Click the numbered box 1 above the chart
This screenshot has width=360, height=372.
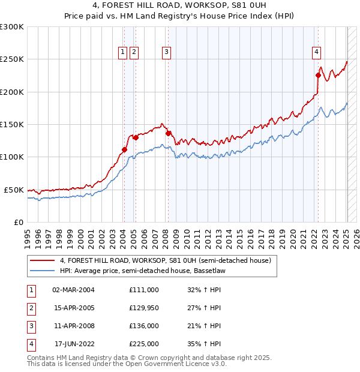(x=123, y=52)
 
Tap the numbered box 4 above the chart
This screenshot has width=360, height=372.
(x=316, y=52)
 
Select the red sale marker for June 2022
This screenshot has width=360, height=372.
(x=318, y=75)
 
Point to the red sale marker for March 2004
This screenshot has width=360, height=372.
(x=124, y=149)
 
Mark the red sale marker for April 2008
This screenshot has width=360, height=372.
(x=168, y=133)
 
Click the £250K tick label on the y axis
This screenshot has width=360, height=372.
(x=12, y=59)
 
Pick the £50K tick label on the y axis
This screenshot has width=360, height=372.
(x=14, y=190)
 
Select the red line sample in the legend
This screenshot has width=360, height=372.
(x=43, y=260)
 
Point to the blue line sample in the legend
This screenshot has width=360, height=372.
(x=43, y=271)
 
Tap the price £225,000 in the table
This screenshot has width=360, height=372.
(x=144, y=344)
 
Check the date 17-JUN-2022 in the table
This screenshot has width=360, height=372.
(x=74, y=344)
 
